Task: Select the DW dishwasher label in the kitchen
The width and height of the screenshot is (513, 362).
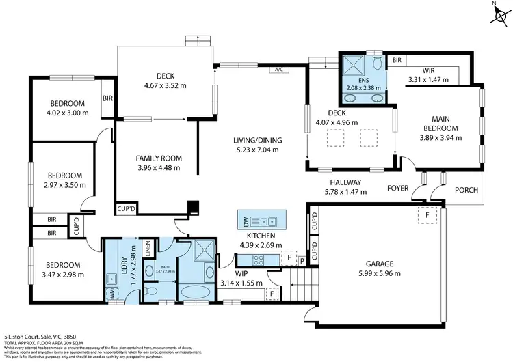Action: point(246,221)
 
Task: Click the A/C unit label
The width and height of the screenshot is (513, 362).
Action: point(278,70)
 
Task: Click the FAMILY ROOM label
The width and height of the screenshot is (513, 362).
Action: point(158,158)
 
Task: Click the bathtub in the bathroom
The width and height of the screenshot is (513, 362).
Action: point(196,294)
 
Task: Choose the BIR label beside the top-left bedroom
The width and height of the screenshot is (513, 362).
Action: point(107,98)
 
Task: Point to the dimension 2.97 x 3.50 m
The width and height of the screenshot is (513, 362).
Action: point(64,184)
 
